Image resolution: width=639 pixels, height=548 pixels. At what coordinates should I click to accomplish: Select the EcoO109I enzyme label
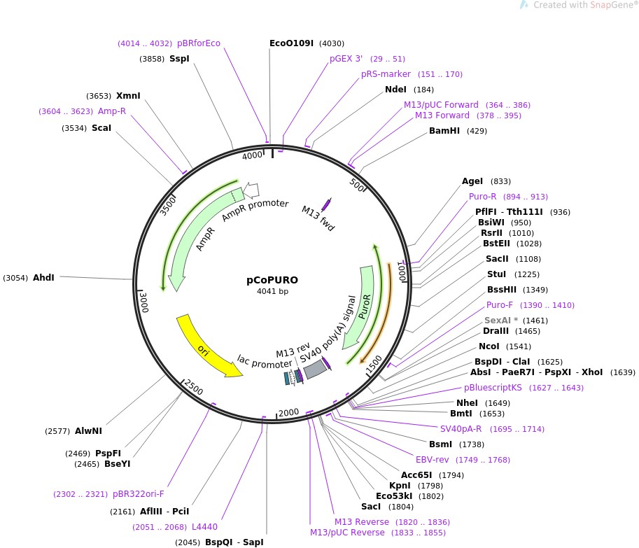291,43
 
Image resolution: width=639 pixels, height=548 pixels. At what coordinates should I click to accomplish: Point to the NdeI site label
396,90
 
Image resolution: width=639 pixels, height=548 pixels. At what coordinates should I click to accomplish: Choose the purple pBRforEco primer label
199,43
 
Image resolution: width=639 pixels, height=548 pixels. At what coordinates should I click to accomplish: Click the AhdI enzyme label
43,278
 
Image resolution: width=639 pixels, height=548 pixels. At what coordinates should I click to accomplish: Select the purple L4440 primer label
205,527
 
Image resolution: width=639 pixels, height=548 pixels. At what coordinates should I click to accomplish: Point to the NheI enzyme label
467,403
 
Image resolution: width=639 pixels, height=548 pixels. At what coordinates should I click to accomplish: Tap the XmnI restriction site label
128,96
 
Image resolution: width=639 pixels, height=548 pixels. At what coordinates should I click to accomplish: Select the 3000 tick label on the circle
143,302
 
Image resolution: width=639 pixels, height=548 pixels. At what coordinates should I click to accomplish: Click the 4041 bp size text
272,291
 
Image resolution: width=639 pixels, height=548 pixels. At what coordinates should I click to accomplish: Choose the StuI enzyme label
496,274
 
